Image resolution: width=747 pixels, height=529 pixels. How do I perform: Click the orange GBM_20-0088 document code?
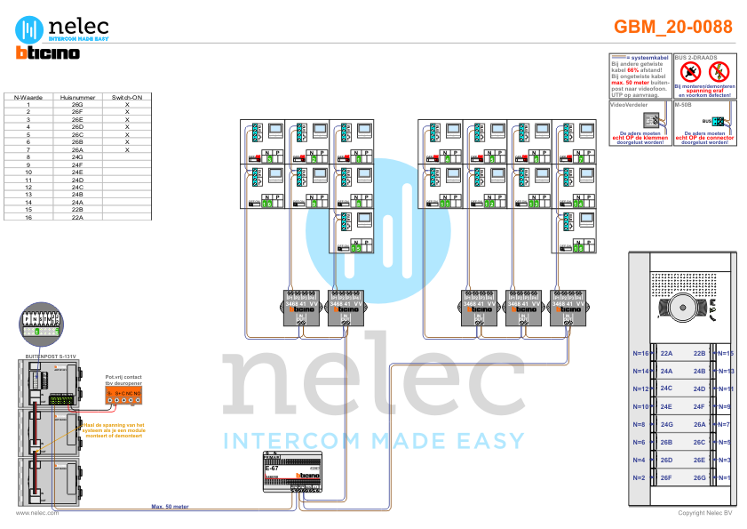[673, 27]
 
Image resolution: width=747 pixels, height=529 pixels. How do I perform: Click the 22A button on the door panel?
[666, 353]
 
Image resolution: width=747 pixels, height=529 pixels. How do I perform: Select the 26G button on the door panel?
[700, 478]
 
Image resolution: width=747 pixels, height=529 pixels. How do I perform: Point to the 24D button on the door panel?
[700, 389]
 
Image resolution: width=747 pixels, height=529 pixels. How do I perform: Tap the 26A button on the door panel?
[700, 425]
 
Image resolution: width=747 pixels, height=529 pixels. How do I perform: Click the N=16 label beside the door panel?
[640, 353]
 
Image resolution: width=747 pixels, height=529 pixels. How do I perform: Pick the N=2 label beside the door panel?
[639, 478]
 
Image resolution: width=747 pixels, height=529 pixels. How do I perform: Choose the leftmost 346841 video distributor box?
[303, 308]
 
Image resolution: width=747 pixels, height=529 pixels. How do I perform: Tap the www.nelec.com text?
[37, 513]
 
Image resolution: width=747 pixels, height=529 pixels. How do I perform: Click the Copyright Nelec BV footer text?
[704, 513]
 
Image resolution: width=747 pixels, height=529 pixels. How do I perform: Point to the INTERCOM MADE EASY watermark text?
[373, 441]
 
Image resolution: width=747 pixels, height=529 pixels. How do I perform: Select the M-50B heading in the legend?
[682, 105]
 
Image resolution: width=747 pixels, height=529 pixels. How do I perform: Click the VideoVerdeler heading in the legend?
[630, 105]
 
